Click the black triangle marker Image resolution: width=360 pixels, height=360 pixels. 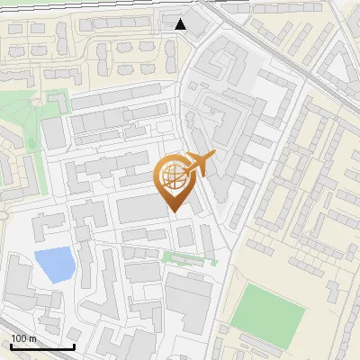coord(181,23)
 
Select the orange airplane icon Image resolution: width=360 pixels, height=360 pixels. coord(197,165)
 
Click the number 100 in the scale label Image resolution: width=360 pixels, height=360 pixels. coord(20,338)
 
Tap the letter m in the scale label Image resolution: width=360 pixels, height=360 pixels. coord(33,338)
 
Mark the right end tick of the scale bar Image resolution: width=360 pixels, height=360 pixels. coord(74,345)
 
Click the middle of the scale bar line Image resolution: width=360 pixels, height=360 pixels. coord(41,346)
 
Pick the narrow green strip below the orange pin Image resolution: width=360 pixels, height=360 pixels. coord(189,258)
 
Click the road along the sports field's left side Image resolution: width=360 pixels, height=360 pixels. coord(225,306)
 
